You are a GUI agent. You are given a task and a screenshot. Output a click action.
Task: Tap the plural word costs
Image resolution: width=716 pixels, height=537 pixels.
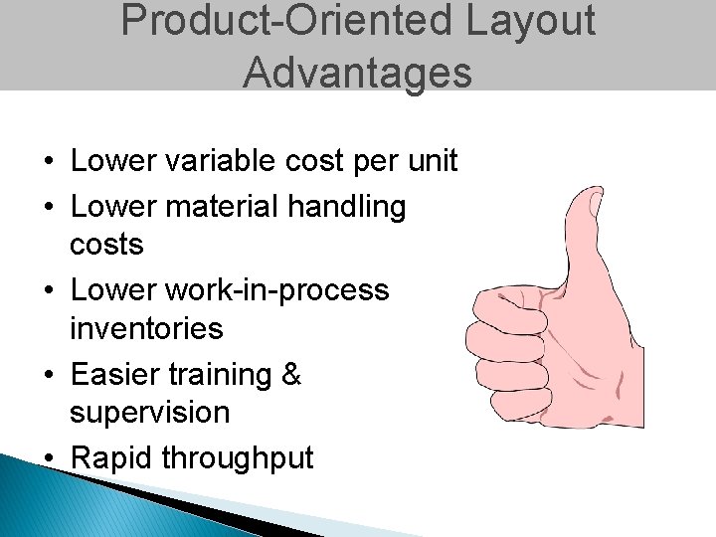coord(106,245)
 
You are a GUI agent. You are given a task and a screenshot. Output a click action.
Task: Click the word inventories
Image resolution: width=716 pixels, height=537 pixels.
coord(146,328)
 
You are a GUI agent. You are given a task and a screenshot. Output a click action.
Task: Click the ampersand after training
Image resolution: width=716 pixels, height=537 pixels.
coord(290,375)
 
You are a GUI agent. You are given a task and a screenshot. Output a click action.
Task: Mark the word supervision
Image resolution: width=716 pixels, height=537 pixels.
coord(149,413)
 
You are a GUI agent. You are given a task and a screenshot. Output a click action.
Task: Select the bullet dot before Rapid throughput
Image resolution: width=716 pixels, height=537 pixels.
coord(48,459)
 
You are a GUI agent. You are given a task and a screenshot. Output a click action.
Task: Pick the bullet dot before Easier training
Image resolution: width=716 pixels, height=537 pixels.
coord(48,376)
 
